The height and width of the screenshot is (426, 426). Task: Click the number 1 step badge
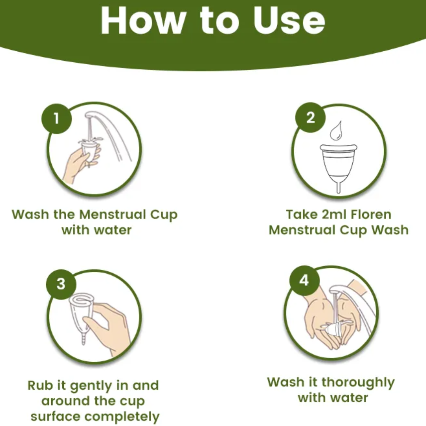56,118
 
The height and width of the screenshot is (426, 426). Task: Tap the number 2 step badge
310,118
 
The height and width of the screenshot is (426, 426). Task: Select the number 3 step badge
61,284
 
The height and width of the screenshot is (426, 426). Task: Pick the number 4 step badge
304,280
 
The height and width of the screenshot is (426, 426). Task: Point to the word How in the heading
142,21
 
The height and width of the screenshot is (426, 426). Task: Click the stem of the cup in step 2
338,187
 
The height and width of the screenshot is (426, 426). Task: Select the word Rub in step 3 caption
40,385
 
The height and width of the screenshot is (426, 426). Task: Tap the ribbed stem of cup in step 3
84,339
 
